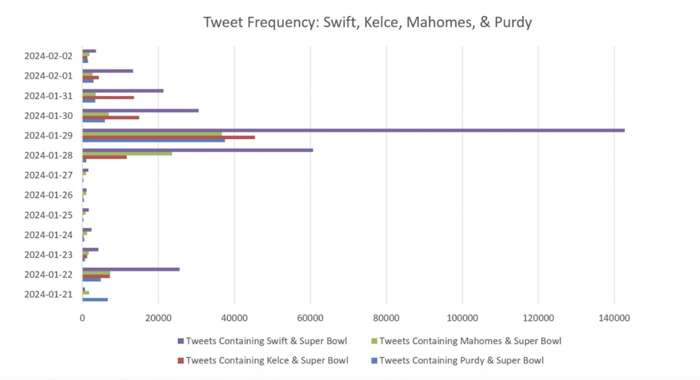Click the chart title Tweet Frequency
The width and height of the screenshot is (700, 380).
pos(367,22)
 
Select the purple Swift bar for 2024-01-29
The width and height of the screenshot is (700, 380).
pos(353,130)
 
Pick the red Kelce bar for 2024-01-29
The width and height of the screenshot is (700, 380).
pos(168,137)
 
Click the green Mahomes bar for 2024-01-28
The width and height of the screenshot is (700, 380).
pos(127,154)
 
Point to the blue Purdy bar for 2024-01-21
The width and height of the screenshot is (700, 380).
pos(95,299)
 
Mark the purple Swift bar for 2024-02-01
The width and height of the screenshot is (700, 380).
pos(108,71)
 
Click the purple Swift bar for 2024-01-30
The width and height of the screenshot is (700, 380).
pos(140,110)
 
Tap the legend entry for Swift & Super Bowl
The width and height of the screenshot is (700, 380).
pos(266,341)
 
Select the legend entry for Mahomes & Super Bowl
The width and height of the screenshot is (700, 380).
pos(470,341)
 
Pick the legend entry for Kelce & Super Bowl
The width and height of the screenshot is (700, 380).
pos(267,360)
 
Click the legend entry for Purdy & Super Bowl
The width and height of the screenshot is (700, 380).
pos(461,360)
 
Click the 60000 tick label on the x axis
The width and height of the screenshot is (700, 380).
pos(310,318)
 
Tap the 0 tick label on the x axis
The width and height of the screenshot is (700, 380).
pos(82,318)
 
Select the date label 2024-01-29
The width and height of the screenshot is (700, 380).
pos(48,135)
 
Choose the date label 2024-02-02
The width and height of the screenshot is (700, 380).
pos(48,55)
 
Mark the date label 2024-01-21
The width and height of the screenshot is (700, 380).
pos(48,294)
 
